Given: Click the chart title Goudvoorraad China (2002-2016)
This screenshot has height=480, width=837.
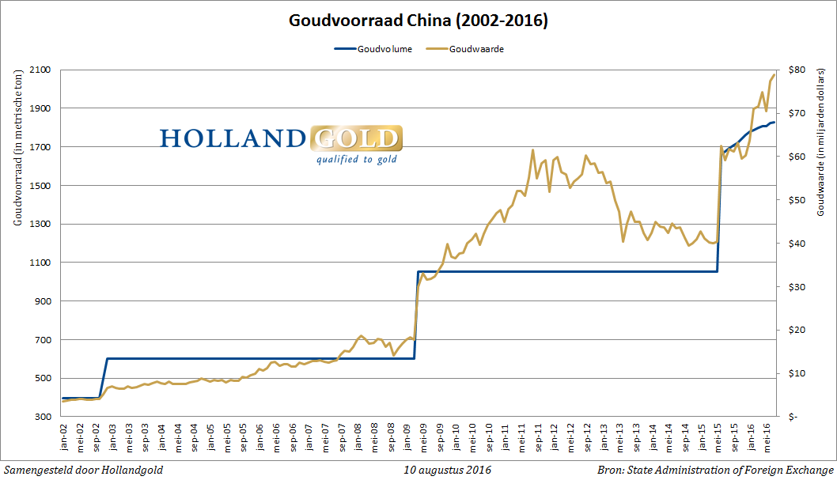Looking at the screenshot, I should pos(418,21).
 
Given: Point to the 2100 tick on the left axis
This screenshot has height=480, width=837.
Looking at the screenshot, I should pos(40,70).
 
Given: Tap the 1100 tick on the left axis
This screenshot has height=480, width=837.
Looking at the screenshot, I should pos(40,263).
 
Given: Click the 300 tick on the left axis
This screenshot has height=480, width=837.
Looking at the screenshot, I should pos(43,417).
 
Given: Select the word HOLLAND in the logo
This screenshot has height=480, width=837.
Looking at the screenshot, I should pos(233,139).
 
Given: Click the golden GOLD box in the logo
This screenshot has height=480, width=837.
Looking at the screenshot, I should pos(355,139).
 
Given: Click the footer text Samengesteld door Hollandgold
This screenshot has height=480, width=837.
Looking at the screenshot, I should pos(83,470).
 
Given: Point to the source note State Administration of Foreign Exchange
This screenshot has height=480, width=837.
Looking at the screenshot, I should pos(732,470).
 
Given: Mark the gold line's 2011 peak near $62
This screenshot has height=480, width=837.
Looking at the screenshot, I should pos(532,150).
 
